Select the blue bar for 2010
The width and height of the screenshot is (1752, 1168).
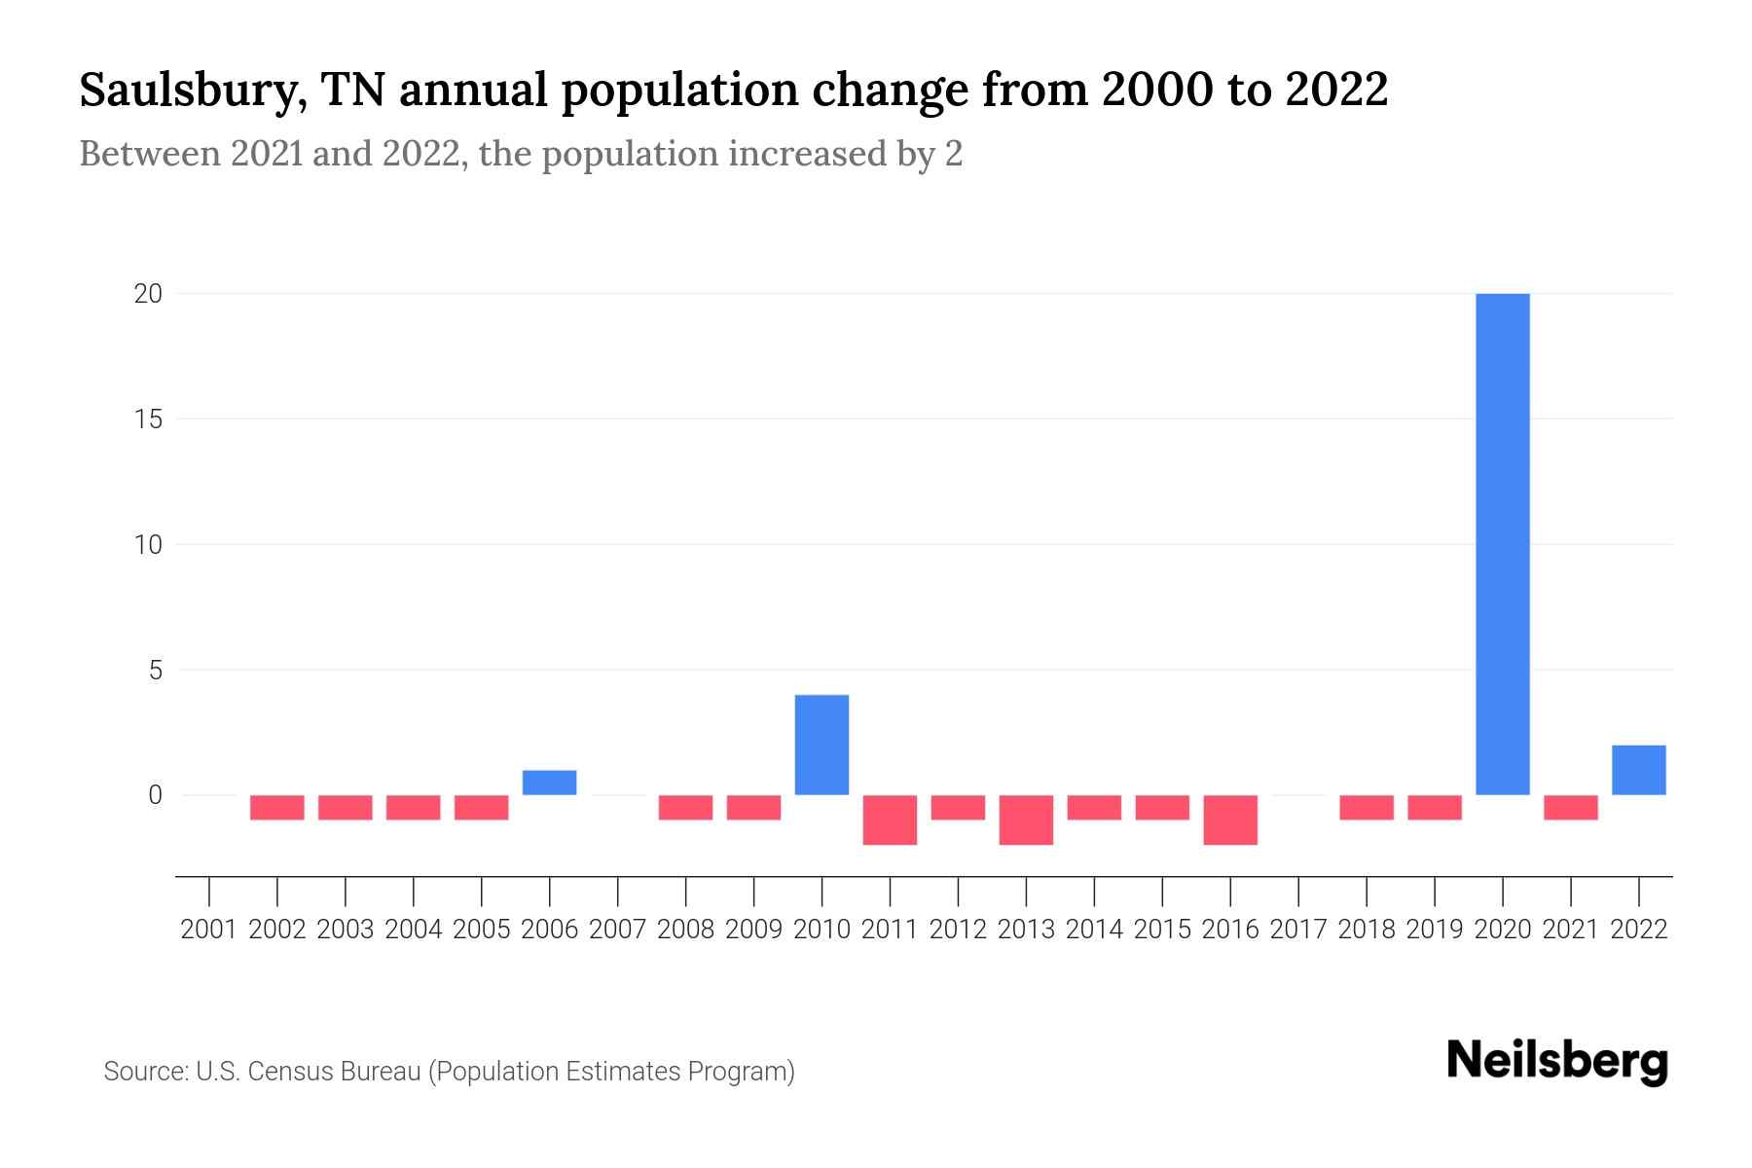pyautogui.click(x=821, y=745)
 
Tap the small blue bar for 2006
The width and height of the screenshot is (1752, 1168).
pyautogui.click(x=549, y=783)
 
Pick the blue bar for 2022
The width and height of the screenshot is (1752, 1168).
pyautogui.click(x=1638, y=770)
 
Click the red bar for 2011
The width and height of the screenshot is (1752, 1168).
pyautogui.click(x=890, y=820)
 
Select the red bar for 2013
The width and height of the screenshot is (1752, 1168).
pyautogui.click(x=1026, y=820)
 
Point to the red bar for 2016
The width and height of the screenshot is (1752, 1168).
pyautogui.click(x=1230, y=820)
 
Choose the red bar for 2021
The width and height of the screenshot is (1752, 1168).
pyautogui.click(x=1570, y=807)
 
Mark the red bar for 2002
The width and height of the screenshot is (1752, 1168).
pyautogui.click(x=277, y=807)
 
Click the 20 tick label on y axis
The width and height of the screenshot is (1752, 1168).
pyautogui.click(x=148, y=293)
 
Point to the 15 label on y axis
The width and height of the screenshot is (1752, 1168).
pyautogui.click(x=148, y=419)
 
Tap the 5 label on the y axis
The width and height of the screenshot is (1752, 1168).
pyautogui.click(x=155, y=670)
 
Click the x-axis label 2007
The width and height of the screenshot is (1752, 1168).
pyautogui.click(x=617, y=930)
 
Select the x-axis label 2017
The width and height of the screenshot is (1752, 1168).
pyautogui.click(x=1297, y=930)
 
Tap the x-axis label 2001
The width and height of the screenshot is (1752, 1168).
pyautogui.click(x=209, y=930)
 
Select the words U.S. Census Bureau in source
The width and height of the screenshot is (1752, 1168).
pyautogui.click(x=309, y=1072)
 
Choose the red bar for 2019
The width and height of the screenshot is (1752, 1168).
pyautogui.click(x=1434, y=807)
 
